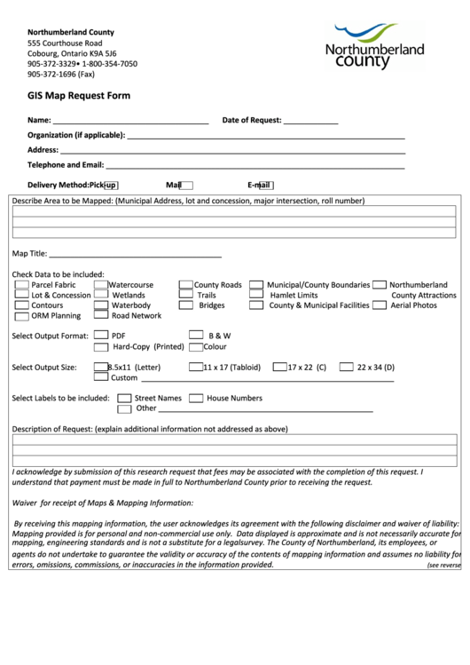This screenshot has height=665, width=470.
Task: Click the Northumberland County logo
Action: click(x=373, y=48)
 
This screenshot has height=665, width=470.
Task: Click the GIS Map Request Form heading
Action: click(x=79, y=95)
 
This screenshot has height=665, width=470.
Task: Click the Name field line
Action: click(x=130, y=122)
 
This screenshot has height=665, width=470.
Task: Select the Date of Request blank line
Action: click(x=310, y=122)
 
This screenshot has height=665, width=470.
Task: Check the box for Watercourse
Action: click(x=101, y=285)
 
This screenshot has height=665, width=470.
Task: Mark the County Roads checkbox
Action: click(x=186, y=285)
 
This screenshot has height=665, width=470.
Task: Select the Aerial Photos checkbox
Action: click(x=380, y=305)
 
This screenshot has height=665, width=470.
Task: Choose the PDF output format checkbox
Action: click(x=100, y=336)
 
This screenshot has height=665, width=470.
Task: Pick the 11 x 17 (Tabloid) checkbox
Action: click(x=195, y=367)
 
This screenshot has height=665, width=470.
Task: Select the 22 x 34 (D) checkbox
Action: click(x=347, y=367)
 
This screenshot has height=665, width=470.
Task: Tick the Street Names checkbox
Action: click(x=124, y=399)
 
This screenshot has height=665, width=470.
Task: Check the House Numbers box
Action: click(x=196, y=399)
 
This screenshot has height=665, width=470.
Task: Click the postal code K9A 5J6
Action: click(x=115, y=53)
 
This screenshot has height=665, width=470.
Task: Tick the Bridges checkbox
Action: click(x=186, y=305)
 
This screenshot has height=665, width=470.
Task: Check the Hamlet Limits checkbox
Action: click(x=255, y=295)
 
